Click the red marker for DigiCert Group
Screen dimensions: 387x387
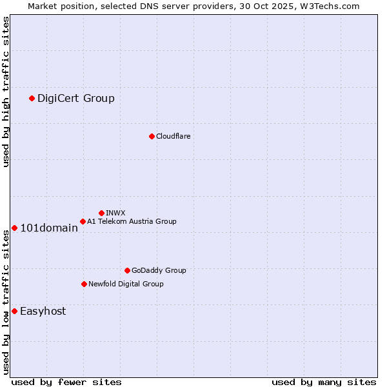tap(32, 98)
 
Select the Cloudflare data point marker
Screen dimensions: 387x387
tap(152, 136)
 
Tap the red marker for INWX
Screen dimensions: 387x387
tap(101, 213)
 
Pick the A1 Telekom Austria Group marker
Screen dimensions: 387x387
tap(83, 221)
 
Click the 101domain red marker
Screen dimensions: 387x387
tap(14, 228)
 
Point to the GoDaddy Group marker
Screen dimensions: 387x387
tap(127, 270)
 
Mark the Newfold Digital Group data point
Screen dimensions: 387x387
tap(84, 284)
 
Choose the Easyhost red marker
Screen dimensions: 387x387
tap(14, 311)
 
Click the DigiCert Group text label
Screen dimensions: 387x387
tap(76, 98)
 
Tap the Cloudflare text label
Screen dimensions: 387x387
tap(173, 136)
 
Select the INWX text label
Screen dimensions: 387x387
tap(115, 213)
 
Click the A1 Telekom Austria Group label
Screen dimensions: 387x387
tap(132, 221)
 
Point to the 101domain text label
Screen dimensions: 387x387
tap(49, 228)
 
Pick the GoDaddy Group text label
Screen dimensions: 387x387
tap(159, 270)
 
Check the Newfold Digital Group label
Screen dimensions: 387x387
tap(126, 284)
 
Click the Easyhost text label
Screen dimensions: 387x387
tap(43, 311)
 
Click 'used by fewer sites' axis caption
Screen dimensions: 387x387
tap(66, 382)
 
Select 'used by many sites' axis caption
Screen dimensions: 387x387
tap(324, 382)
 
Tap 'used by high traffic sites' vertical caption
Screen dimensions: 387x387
tap(6, 92)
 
